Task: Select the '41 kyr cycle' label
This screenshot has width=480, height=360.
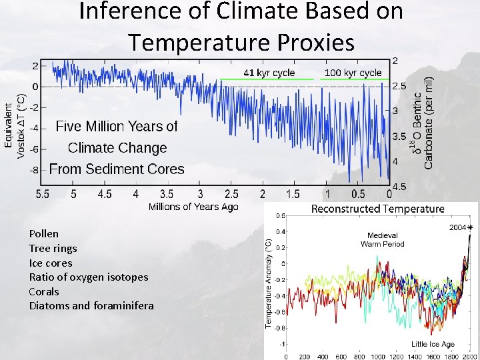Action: [269, 72]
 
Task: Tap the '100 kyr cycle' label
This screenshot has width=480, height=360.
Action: [353, 72]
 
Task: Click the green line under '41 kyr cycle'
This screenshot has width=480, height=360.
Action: [267, 79]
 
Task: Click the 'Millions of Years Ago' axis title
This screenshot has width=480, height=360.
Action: [193, 207]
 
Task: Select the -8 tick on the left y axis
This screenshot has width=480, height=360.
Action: [32, 170]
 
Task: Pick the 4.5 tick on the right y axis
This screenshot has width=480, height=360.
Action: [399, 187]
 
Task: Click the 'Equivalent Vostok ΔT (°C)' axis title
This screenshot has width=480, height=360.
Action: [14, 130]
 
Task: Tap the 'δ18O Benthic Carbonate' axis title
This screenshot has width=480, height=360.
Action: [423, 120]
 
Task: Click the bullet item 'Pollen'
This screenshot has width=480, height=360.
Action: [43, 233]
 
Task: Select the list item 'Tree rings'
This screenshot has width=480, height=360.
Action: [53, 248]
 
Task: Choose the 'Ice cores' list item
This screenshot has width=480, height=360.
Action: [49, 263]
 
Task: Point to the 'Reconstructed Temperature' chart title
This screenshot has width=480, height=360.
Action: [377, 209]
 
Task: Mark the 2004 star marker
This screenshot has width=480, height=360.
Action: [469, 228]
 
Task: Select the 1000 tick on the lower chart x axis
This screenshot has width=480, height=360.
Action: [379, 356]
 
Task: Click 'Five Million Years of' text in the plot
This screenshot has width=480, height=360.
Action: [117, 126]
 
